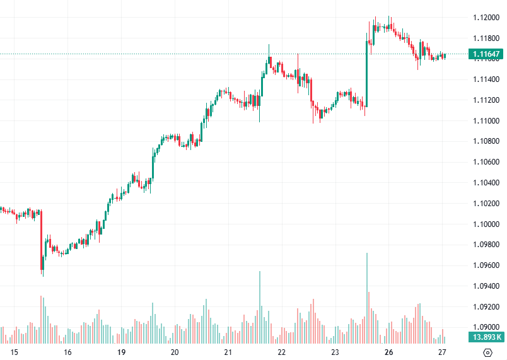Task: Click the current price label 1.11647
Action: pyautogui.click(x=486, y=55)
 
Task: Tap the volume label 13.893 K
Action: pyautogui.click(x=486, y=337)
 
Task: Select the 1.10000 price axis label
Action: pyautogui.click(x=487, y=224)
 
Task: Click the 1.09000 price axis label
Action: pyautogui.click(x=487, y=327)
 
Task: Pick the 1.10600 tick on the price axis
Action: pyautogui.click(x=487, y=163)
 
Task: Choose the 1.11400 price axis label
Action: pyautogui.click(x=487, y=80)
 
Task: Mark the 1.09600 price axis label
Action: pyautogui.click(x=487, y=265)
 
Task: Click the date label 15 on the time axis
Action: pyautogui.click(x=15, y=352)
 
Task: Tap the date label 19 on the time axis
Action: pyautogui.click(x=122, y=352)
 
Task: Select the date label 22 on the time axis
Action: pyautogui.click(x=282, y=352)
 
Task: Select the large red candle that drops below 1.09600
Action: pyautogui.click(x=42, y=240)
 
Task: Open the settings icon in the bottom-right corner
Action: pyautogui.click(x=487, y=352)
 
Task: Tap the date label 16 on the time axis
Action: pyautogui.click(x=68, y=352)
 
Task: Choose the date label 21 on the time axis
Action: pyautogui.click(x=228, y=352)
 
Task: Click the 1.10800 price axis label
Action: pyautogui.click(x=487, y=142)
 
